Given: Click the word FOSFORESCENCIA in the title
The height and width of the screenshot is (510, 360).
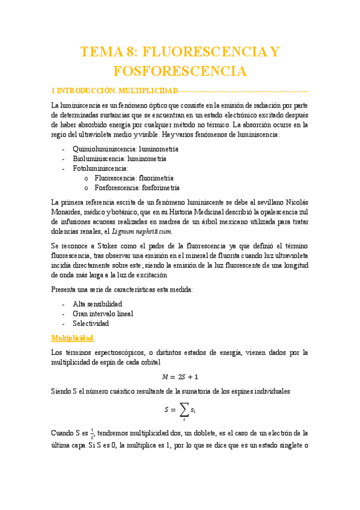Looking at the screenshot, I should [180, 71].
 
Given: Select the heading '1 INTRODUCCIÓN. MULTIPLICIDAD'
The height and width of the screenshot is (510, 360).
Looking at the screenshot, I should [114, 90].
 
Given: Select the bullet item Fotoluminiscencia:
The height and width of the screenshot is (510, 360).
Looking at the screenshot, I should [100, 169].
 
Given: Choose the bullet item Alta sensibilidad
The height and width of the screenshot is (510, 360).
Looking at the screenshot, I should [97, 304].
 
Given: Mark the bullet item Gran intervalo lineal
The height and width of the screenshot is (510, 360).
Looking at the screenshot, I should [103, 313].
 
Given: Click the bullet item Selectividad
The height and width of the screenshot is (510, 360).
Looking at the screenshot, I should [91, 324].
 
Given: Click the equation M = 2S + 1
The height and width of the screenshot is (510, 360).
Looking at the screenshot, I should [180, 377].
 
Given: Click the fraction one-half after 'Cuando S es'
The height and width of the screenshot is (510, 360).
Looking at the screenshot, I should [92, 432].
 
